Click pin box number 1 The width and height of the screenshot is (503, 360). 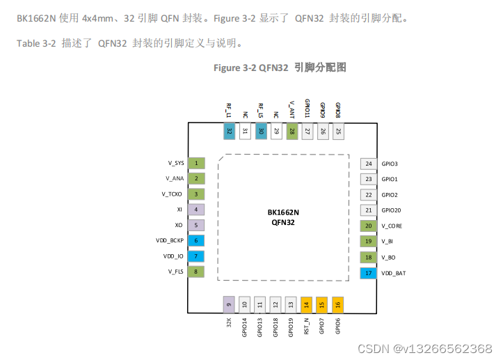point(196,163)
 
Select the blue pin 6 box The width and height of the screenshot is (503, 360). point(196,240)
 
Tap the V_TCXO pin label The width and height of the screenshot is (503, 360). point(172,194)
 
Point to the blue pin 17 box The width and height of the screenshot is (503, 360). point(368,273)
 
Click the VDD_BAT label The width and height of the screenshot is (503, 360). point(393,273)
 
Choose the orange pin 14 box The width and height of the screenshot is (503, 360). point(306,305)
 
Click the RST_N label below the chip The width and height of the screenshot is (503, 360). point(306,327)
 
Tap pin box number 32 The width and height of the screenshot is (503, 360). point(230,131)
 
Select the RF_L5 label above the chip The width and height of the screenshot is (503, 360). point(261,111)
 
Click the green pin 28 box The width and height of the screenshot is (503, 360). point(292,131)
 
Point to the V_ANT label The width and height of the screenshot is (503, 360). point(292,110)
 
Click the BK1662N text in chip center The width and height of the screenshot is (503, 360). point(283,212)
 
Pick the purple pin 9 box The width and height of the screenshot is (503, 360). point(229,305)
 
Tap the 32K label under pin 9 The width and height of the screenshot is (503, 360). point(229,323)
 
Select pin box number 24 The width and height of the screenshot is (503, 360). point(369,164)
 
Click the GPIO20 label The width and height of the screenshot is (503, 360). point(391,210)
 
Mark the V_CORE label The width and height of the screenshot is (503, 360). point(392,226)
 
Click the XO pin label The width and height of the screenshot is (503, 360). point(179,225)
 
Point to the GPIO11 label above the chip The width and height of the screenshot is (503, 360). point(308,108)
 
